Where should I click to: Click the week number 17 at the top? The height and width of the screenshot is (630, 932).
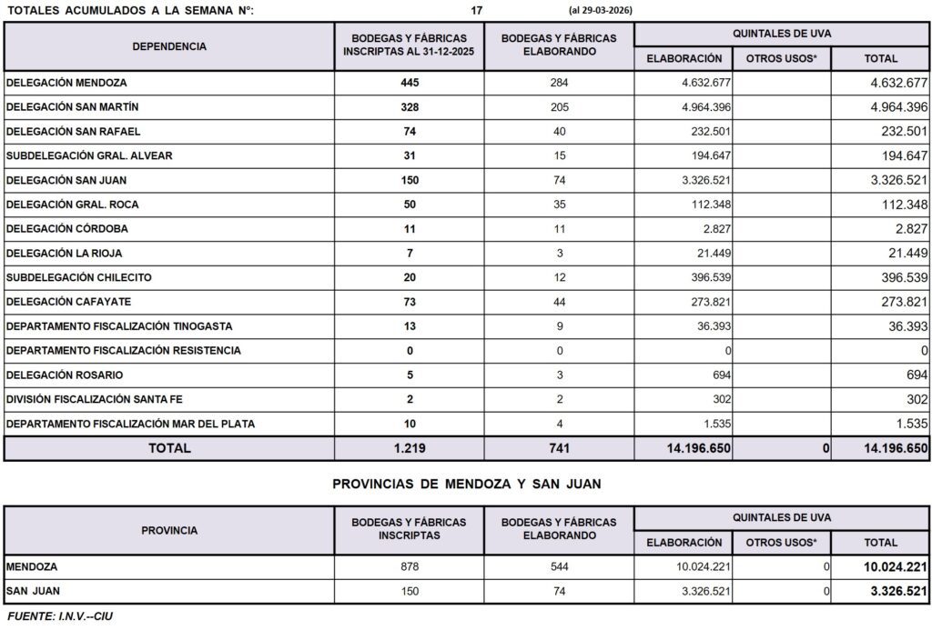pyautogui.click(x=477, y=10)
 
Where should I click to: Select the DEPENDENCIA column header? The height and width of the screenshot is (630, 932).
pyautogui.click(x=169, y=46)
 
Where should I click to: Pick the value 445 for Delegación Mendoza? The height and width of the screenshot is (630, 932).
pyautogui.click(x=410, y=83)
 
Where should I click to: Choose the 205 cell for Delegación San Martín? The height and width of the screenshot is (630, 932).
pyautogui.click(x=559, y=107)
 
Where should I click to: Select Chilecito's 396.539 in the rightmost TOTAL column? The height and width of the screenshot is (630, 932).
pyautogui.click(x=899, y=277)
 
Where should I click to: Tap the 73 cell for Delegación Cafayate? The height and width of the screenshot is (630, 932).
pyautogui.click(x=410, y=302)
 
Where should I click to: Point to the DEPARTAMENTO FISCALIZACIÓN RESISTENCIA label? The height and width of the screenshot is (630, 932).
pyautogui.click(x=123, y=350)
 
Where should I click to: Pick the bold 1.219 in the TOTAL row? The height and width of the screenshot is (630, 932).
pyautogui.click(x=410, y=448)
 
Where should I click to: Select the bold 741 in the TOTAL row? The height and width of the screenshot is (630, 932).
pyautogui.click(x=559, y=448)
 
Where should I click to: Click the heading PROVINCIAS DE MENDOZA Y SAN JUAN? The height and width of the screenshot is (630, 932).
pyautogui.click(x=467, y=484)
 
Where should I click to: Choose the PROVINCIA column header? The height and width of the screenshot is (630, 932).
pyautogui.click(x=169, y=530)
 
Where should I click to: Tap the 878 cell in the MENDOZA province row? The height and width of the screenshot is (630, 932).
pyautogui.click(x=410, y=567)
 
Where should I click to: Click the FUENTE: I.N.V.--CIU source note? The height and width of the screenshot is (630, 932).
pyautogui.click(x=60, y=617)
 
